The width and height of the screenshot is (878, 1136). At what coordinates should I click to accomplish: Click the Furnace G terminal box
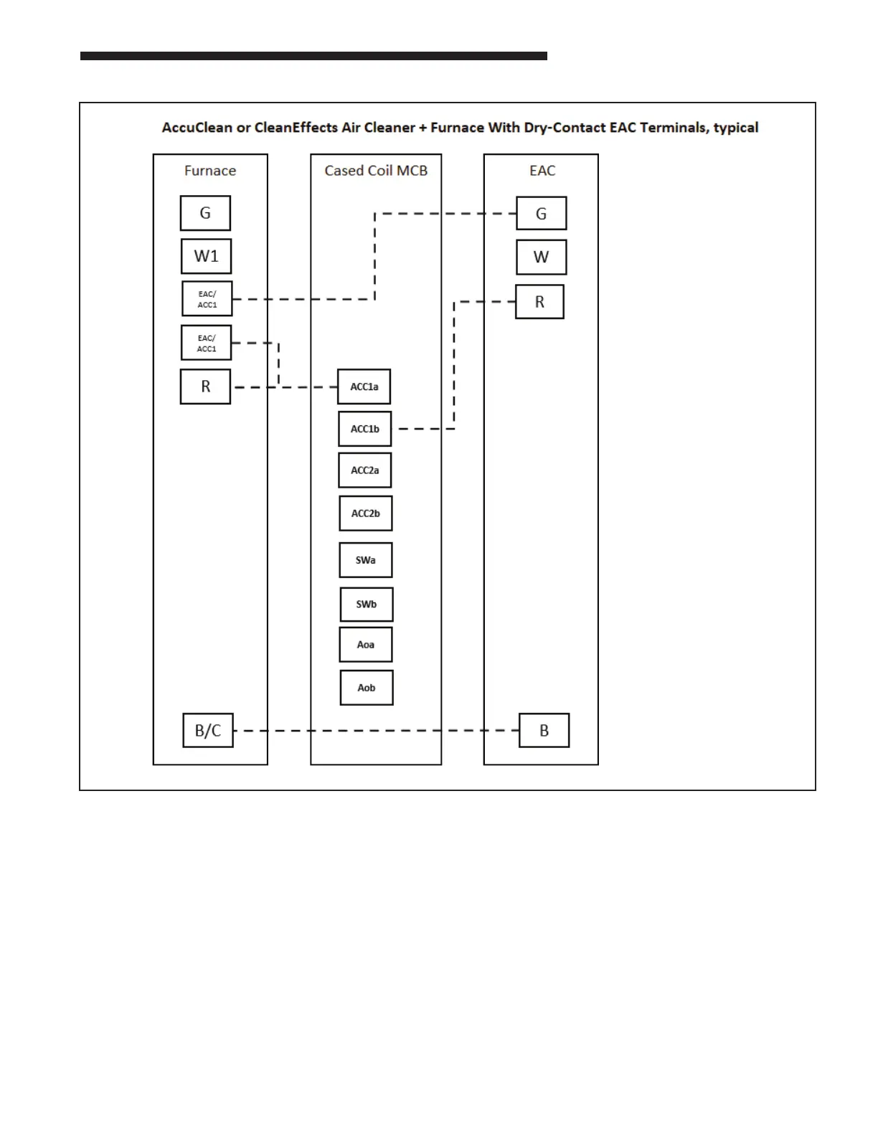click(205, 213)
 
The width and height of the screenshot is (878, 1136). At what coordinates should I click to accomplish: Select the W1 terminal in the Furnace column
click(206, 256)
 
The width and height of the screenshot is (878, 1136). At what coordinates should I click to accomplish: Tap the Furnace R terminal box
click(205, 387)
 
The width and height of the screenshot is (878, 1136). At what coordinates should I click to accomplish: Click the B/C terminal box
click(208, 730)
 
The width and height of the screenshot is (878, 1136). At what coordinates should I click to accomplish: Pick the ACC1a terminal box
click(364, 387)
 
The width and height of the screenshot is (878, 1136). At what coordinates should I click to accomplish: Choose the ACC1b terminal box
click(365, 429)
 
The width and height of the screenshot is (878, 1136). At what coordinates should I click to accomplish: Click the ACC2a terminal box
click(365, 470)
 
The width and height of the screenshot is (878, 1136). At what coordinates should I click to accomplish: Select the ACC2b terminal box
click(366, 513)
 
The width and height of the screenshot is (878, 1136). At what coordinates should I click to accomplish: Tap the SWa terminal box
click(366, 560)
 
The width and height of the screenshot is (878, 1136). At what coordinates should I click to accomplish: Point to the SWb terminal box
click(367, 604)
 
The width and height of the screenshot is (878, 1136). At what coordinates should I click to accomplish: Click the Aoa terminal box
click(366, 645)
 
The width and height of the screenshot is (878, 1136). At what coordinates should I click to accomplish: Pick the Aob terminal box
click(367, 688)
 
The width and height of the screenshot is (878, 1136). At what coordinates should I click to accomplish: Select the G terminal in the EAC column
click(542, 214)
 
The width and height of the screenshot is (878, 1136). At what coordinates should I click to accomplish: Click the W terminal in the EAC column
click(542, 257)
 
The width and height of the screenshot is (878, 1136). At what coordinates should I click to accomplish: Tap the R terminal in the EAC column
click(539, 302)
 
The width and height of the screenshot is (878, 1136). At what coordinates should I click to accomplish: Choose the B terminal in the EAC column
click(544, 730)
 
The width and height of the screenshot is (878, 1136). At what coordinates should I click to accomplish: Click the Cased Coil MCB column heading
click(376, 171)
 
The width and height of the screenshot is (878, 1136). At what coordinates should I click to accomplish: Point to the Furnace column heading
click(210, 171)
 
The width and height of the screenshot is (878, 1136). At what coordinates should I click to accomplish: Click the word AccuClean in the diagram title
click(197, 128)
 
